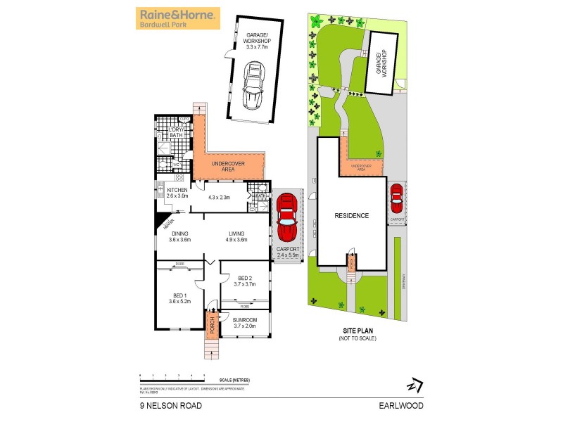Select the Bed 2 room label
[246, 280]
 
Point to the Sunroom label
[245, 322]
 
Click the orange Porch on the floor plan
[210, 324]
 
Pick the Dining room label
[179, 237]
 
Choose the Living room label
[237, 237]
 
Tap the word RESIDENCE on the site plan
[351, 216]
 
